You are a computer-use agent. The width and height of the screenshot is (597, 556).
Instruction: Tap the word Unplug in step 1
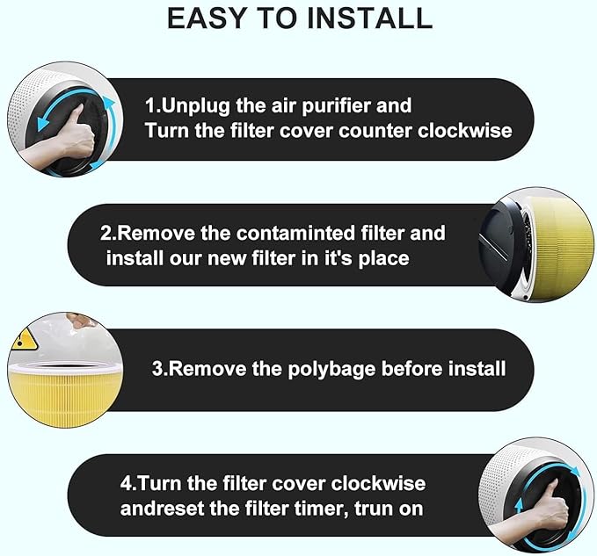196,106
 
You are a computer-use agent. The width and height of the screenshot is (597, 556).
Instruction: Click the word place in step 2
383,259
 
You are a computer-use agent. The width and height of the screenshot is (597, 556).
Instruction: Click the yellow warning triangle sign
24,340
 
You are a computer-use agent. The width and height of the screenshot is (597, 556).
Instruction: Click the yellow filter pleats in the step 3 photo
65,396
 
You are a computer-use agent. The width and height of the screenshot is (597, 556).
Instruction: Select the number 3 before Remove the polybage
157,369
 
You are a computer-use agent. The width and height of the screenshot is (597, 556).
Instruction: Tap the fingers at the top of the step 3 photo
80,321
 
